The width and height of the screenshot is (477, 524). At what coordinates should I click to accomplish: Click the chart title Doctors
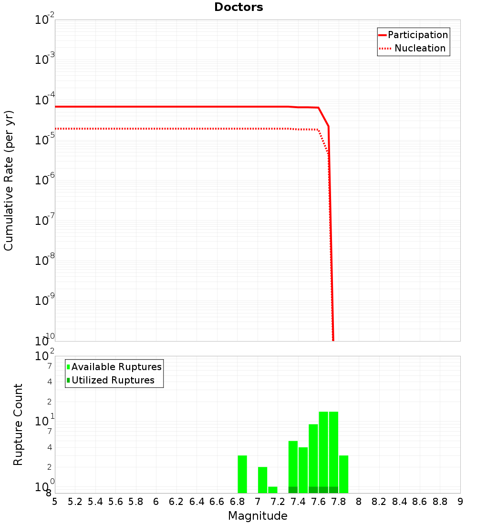[238, 7]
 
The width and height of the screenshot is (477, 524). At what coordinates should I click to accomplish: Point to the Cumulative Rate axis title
[9, 180]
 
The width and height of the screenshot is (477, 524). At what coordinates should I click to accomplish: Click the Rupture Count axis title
[18, 424]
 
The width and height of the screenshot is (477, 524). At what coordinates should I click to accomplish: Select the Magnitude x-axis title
[258, 516]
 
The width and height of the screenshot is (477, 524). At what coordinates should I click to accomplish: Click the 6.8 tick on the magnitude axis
[237, 502]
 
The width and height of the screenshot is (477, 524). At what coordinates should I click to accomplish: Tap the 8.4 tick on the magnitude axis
[399, 502]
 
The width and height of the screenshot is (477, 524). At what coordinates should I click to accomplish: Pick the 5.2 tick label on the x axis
[75, 502]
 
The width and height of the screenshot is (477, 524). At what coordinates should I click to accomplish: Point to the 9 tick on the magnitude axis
[460, 502]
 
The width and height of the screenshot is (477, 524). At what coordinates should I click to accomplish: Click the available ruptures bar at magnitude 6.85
[242, 474]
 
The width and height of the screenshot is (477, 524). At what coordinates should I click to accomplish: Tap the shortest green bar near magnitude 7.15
[273, 490]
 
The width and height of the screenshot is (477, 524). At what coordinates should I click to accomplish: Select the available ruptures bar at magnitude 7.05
[262, 480]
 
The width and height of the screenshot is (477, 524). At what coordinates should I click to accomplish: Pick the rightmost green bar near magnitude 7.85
[343, 474]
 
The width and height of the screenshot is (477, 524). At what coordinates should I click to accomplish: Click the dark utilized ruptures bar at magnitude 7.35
[293, 490]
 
